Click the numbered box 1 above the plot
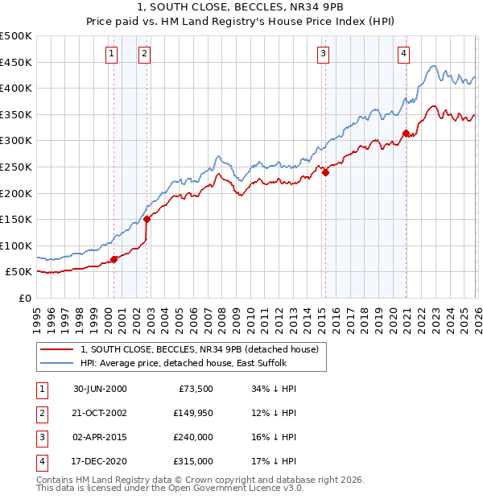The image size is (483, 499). [x=111, y=54]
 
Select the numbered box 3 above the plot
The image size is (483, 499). [x=323, y=54]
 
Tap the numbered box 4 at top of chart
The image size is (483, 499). [x=403, y=54]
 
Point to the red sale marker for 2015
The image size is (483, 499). [x=325, y=171]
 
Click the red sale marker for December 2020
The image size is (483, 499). [x=407, y=133]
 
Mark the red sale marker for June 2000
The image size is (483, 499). [x=114, y=259]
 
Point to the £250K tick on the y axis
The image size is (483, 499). [x=17, y=167]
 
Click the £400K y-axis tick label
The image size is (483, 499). [x=17, y=89]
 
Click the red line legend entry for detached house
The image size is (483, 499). [x=200, y=349]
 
